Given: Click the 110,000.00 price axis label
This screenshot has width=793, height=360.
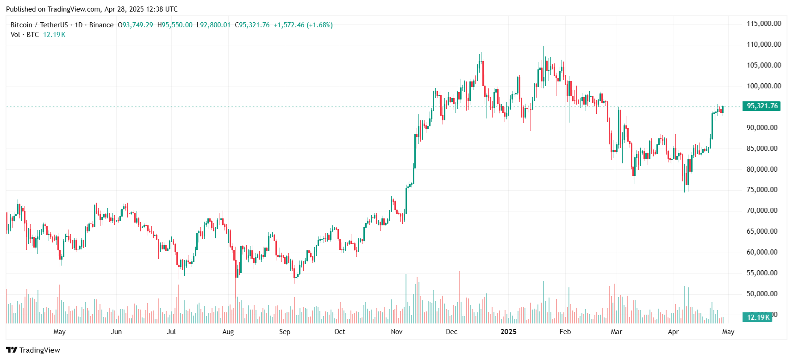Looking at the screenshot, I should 763,44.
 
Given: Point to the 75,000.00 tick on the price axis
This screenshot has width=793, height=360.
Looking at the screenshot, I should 762,190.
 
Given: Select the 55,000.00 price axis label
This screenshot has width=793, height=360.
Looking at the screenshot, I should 762,273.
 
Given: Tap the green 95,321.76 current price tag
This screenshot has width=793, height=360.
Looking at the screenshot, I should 762,106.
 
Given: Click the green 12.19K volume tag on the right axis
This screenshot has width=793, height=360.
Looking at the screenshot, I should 758,317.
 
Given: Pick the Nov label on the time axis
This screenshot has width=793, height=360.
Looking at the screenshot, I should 397,332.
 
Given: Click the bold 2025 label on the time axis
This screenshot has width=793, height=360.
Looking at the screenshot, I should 508,332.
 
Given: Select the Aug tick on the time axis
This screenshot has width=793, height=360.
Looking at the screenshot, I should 228,332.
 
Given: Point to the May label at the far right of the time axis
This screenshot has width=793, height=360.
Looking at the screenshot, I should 728,332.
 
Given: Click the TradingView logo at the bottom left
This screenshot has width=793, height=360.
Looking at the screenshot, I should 33,350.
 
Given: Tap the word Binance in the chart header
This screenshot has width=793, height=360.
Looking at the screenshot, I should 101,25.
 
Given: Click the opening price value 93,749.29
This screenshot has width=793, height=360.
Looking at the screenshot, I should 137,25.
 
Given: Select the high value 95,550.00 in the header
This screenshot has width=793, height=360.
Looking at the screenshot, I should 177,25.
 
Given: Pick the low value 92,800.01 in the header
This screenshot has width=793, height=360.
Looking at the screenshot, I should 215,25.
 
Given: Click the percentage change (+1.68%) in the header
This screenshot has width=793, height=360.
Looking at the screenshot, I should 319,25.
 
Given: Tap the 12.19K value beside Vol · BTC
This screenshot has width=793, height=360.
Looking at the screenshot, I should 54,35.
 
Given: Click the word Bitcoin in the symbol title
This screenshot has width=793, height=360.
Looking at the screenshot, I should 21,25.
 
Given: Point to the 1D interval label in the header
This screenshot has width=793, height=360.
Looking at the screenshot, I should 79,25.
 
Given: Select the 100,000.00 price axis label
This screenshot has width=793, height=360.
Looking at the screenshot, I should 763,86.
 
